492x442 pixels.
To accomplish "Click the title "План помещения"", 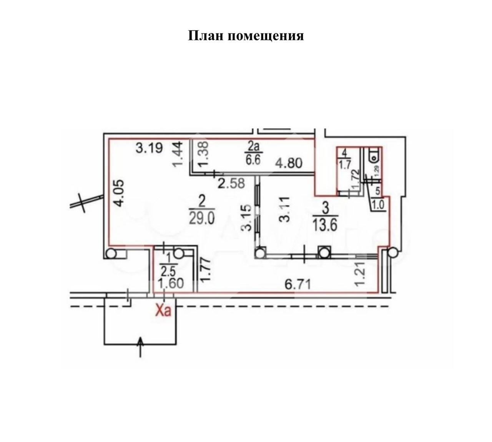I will pos(246,36).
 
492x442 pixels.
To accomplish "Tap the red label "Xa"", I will pos(163,310).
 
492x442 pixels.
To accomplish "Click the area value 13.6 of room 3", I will pos(325,225).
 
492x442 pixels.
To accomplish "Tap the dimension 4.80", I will pos(289,163).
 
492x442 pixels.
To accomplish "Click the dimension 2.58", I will pos(231,183).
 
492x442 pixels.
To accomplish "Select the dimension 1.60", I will pos(171,284).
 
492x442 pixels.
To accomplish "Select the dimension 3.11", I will pos(284,209).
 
